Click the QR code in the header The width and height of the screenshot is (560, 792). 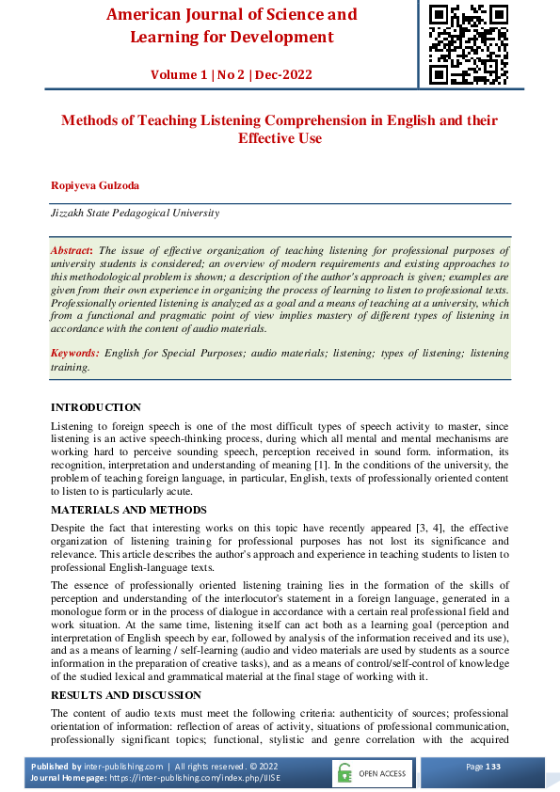tap(468, 43)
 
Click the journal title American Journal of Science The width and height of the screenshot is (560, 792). tap(232, 15)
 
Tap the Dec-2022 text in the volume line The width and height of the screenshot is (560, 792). tap(285, 74)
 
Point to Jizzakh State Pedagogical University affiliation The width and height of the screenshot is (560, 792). tap(135, 213)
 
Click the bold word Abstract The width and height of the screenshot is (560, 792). tap(72, 250)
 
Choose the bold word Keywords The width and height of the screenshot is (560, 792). tap(74, 353)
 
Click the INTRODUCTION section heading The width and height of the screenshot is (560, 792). tap(95, 407)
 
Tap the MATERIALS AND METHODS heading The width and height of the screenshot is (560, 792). tap(128, 509)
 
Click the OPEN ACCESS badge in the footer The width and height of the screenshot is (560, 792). tap(372, 773)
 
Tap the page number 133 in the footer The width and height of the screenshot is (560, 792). tap(493, 767)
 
